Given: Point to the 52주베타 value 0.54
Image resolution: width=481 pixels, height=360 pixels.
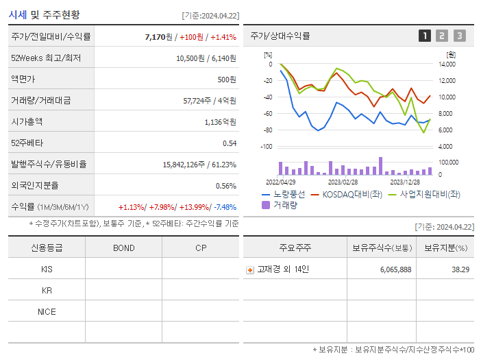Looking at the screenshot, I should click(229, 143).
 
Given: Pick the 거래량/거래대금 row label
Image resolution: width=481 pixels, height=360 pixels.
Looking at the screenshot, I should click(40, 100).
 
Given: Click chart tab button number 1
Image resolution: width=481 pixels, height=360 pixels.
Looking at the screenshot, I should click(425, 36).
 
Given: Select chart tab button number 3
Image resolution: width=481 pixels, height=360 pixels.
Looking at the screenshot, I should click(459, 36).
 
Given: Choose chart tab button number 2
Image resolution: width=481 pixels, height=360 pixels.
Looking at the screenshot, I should click(442, 36).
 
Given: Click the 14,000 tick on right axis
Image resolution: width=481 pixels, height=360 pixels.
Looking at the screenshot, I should click(446, 64).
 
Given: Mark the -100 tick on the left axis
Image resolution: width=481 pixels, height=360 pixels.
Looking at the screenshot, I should click(267, 147).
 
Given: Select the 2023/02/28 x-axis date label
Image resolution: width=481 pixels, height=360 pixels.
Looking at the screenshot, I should click(342, 182).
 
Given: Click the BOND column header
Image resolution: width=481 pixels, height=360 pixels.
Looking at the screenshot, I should click(123, 248).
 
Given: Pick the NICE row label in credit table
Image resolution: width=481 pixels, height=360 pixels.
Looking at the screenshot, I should click(47, 311).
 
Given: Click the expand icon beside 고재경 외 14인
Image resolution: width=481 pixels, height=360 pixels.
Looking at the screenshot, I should click(250, 269).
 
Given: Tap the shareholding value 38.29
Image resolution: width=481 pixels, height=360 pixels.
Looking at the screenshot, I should click(458, 269).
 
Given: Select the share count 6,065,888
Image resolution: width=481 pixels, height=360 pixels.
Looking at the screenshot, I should click(395, 269).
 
